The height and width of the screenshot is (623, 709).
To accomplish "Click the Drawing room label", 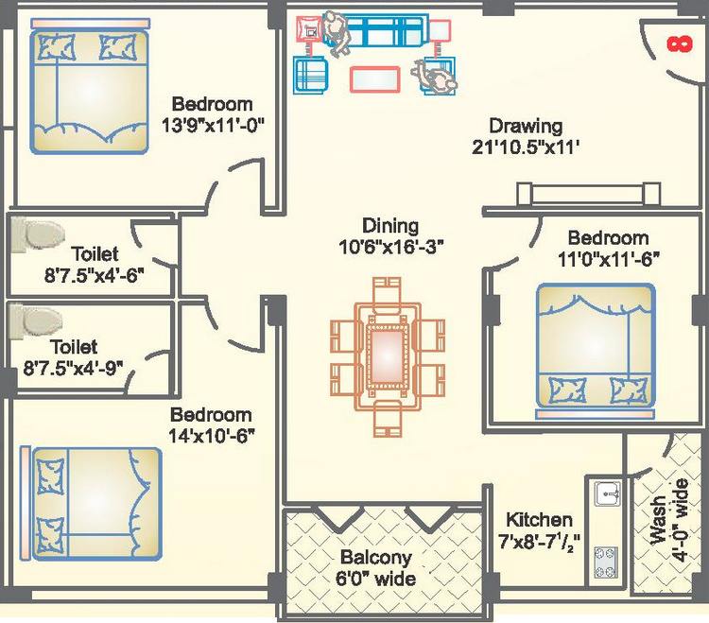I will pyautogui.click(x=526, y=126).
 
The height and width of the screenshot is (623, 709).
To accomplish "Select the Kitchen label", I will pyautogui.click(x=538, y=520).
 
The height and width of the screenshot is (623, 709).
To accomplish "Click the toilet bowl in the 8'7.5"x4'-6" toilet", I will pyautogui.click(x=39, y=233).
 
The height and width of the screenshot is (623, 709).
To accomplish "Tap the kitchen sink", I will pyautogui.click(x=605, y=493).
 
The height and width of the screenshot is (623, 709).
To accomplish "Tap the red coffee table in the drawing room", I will pyautogui.click(x=374, y=78).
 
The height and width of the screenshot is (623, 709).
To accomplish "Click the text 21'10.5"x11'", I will pyautogui.click(x=526, y=147).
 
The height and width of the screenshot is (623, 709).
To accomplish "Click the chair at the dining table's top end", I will pyautogui.click(x=388, y=289).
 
